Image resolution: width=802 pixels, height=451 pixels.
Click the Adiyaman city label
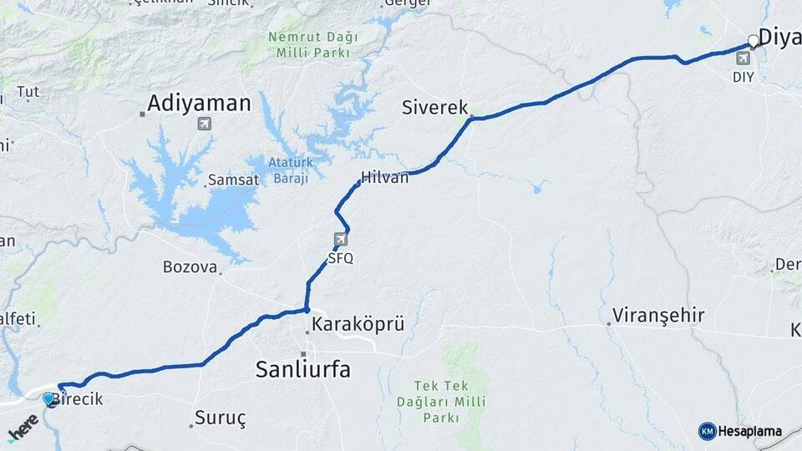pos(199,104)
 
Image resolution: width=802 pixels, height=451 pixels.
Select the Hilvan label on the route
pos(385,177)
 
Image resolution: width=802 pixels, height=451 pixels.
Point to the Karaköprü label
pos(358,324)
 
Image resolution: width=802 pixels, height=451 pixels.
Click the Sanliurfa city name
pos(302,368)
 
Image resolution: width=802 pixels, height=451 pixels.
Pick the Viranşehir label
pos(658,316)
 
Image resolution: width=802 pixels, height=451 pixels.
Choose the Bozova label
pos(190,267)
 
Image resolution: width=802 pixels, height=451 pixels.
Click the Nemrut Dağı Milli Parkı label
pos(313,45)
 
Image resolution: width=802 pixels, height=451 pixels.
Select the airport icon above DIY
pos(744,59)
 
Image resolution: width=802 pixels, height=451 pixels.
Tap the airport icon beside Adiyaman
pos(203,124)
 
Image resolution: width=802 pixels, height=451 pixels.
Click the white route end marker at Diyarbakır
pos(754,40)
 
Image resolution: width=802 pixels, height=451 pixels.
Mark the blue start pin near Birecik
pos(49,399)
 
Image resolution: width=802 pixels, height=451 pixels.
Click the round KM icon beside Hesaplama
pos(707,431)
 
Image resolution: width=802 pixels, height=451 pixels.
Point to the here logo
pos(23,428)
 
